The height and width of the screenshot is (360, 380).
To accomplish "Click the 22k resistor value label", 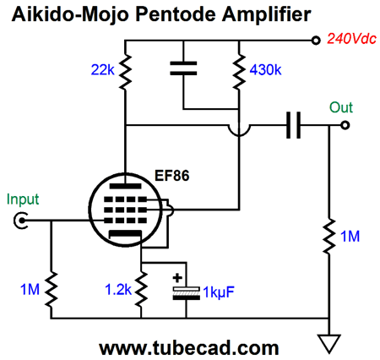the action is [x=102, y=69].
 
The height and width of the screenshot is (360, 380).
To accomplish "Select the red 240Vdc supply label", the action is [x=351, y=38].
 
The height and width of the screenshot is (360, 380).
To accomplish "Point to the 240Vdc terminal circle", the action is [x=316, y=41].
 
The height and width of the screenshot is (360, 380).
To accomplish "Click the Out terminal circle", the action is [x=345, y=125].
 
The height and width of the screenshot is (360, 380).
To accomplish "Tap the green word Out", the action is [x=341, y=107].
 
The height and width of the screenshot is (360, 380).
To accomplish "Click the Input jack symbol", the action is [x=20, y=221].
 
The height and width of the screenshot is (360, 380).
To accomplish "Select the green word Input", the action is [x=23, y=199].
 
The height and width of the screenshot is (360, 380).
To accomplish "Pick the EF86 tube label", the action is [x=171, y=176].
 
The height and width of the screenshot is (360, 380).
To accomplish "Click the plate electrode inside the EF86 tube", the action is [x=125, y=186].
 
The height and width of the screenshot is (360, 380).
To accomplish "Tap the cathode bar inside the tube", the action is [x=125, y=234].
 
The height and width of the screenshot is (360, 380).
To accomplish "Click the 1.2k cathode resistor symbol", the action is [x=141, y=289].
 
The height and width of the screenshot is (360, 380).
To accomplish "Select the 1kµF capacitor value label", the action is [x=219, y=292].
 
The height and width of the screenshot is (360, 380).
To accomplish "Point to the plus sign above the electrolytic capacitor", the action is [x=177, y=278].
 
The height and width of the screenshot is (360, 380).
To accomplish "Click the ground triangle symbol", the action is [x=328, y=343].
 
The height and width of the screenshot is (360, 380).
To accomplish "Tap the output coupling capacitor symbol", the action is [x=293, y=125].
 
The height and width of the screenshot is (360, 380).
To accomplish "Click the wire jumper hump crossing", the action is [x=239, y=131].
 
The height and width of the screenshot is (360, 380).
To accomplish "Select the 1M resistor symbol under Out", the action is [x=328, y=236].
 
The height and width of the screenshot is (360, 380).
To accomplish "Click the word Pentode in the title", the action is [x=176, y=14].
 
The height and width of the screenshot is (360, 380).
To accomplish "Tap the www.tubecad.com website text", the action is [x=189, y=348].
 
